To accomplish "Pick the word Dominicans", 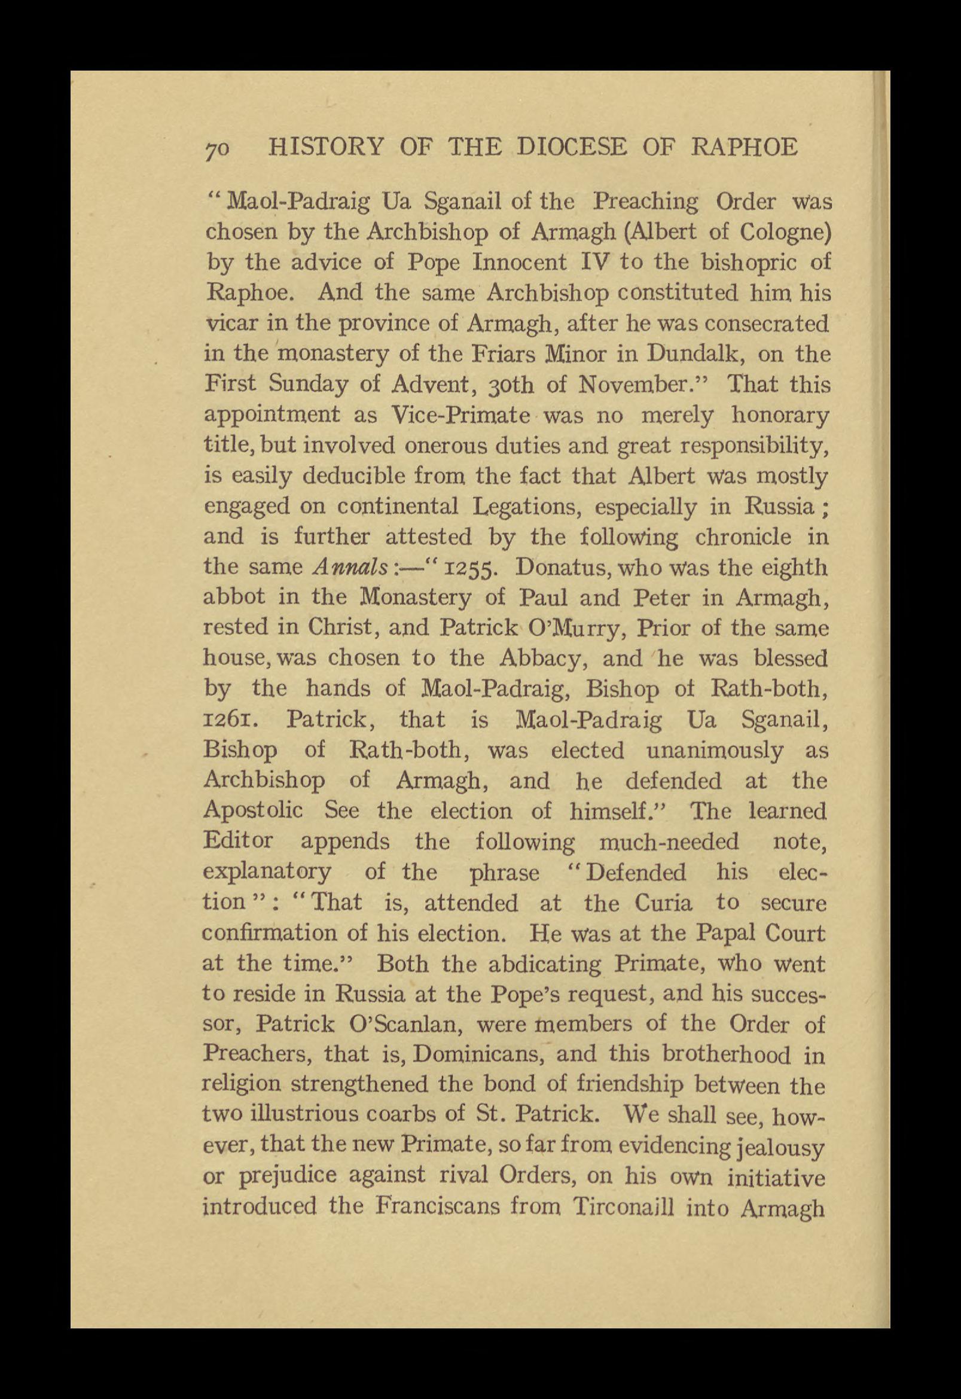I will [472, 1054].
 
